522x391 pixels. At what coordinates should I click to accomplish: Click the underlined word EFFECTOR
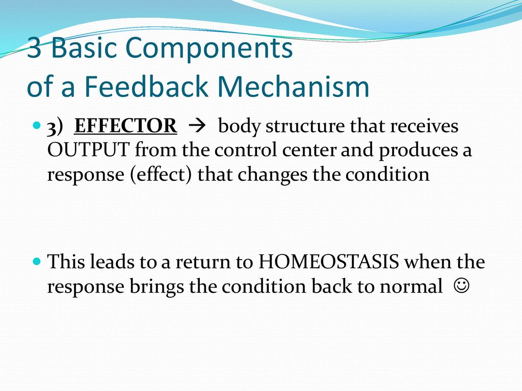tap(125, 126)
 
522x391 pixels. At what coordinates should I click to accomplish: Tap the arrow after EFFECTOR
tap(197, 126)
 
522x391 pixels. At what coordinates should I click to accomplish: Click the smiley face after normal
tap(461, 285)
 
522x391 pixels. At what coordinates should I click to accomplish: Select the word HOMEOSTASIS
tap(329, 261)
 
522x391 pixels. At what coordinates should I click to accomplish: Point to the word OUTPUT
tap(88, 150)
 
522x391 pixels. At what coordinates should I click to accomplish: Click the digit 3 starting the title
tap(34, 47)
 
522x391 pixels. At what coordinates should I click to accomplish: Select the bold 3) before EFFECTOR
tap(55, 127)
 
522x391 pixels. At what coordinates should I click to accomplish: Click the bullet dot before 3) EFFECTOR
tap(37, 126)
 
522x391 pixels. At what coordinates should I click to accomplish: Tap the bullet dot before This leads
tap(37, 261)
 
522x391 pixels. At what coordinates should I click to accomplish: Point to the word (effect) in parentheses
tap(161, 175)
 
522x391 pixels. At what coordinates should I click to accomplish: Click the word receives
tap(424, 126)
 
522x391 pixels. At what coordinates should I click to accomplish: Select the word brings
tap(156, 287)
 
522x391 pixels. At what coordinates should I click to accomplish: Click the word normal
tap(411, 286)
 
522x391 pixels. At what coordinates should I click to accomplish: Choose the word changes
tap(272, 175)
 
